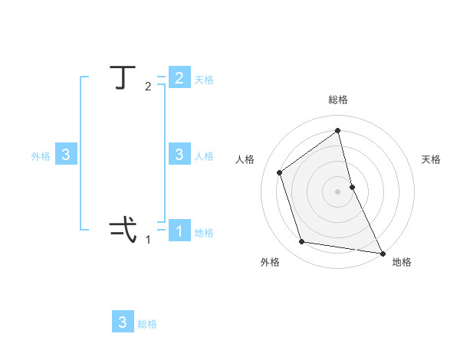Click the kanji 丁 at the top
120,78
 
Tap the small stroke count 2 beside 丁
148,87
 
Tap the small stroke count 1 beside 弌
148,239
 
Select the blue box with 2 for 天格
179,78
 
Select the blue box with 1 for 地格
179,231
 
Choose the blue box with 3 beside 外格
66,155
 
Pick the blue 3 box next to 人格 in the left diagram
179,155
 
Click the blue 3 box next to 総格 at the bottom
123,322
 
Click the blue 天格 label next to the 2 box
204,80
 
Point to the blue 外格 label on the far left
41,156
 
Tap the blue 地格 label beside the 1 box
204,233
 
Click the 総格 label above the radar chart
338,100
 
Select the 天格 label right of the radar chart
432,159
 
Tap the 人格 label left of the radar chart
245,159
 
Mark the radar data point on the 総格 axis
338,131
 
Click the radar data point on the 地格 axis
382,252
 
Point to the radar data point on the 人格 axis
280,172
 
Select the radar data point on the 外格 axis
302,242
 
